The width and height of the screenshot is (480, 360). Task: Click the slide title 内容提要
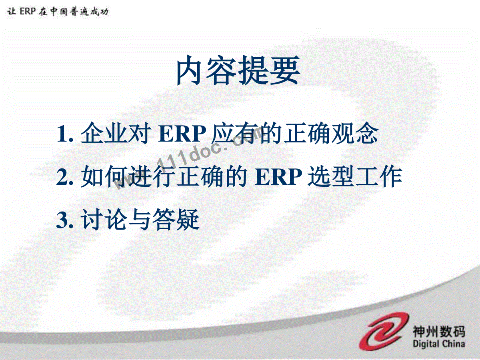coord(238,70)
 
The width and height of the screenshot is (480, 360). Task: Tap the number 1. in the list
coord(65,134)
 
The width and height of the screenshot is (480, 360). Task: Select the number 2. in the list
coord(65,177)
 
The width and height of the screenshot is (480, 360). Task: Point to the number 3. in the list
coord(65,220)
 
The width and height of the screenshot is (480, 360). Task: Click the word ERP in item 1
coord(182,134)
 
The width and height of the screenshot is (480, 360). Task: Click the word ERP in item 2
coord(278,177)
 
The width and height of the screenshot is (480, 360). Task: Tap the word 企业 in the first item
coord(104,133)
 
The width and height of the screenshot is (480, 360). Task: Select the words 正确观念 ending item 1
coord(331,133)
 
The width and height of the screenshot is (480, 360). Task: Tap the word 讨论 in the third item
coord(104,219)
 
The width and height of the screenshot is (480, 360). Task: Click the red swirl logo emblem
coord(384,331)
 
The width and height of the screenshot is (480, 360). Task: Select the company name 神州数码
coord(439,331)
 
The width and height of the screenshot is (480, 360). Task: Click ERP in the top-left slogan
coord(28,11)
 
